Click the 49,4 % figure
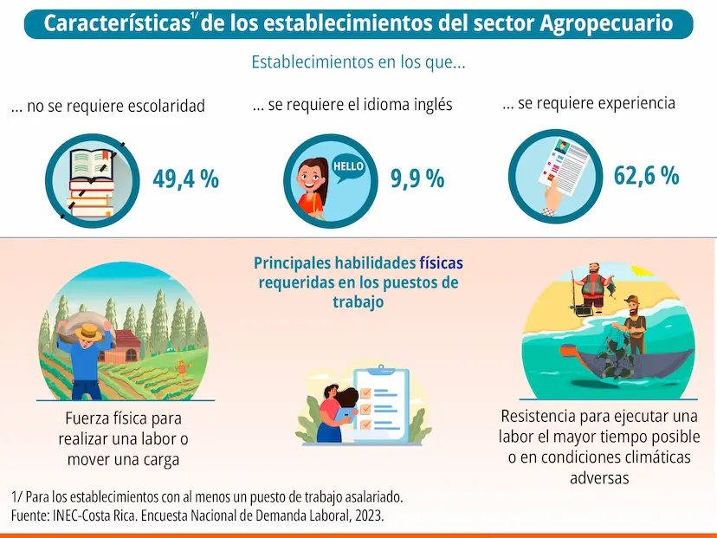click(185, 178)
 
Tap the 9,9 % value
click(417, 178)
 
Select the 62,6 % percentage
click(646, 175)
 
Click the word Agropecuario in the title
click(605, 23)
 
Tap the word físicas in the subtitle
click(442, 263)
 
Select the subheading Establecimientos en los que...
click(358, 62)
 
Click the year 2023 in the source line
click(365, 515)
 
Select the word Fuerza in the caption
click(87, 418)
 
